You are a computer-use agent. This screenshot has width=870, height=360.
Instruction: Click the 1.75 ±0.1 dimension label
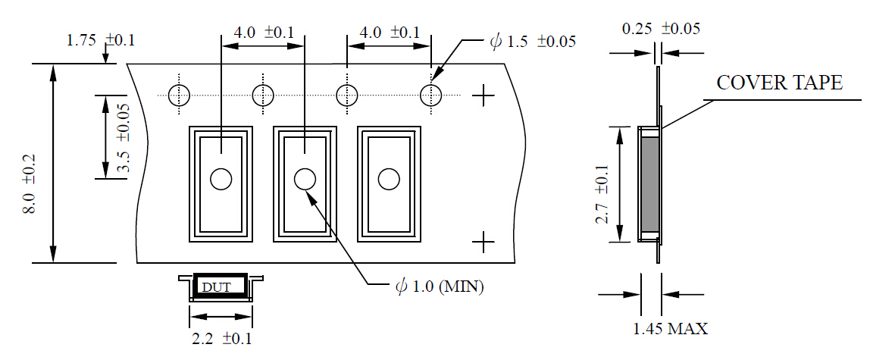(100, 40)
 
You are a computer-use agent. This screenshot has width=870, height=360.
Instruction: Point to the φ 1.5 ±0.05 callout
(533, 42)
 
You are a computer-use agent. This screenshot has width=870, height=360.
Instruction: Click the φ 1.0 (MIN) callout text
(440, 287)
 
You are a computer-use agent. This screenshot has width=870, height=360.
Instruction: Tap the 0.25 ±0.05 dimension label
(660, 29)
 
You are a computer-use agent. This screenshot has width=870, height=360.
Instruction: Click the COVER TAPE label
(779, 83)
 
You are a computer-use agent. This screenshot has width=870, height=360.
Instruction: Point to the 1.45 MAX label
(671, 328)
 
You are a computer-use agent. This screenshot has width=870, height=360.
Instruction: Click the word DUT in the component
(216, 287)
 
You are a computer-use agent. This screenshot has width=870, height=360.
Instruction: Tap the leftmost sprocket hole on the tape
(179, 95)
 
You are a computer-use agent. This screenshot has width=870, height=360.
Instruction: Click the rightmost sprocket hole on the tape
(431, 95)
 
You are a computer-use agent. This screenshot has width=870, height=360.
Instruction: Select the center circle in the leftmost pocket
(221, 180)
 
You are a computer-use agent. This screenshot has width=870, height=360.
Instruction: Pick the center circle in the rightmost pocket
(389, 180)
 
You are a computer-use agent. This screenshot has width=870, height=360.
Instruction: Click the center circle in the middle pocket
(305, 180)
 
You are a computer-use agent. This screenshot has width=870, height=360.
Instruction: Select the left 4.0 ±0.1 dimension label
(263, 33)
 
